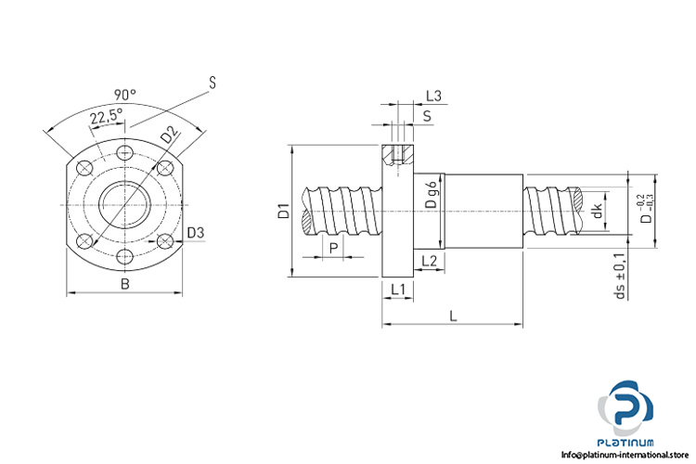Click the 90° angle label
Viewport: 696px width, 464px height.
[x=124, y=94]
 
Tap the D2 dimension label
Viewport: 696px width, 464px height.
[x=169, y=134]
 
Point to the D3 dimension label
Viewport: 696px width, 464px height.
[x=196, y=232]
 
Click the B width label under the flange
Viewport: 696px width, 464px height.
[x=125, y=284]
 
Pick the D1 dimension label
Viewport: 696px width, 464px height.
[x=284, y=212]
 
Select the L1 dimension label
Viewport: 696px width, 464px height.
[x=397, y=290]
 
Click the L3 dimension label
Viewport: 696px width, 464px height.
[x=433, y=96]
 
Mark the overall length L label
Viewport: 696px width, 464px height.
[x=453, y=316]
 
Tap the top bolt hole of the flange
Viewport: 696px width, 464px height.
[x=125, y=150]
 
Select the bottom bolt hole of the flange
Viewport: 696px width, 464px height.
[x=125, y=258]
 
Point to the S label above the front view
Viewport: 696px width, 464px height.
[x=213, y=84]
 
